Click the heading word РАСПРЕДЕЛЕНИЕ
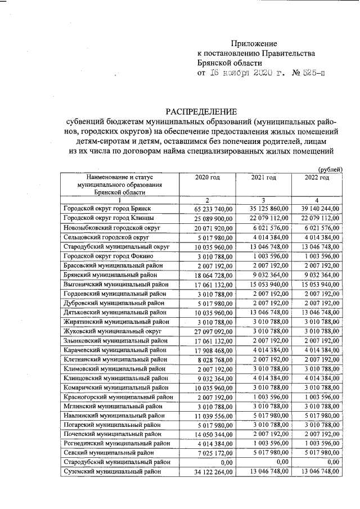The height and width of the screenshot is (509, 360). [201, 111]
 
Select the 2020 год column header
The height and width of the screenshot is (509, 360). [207, 178]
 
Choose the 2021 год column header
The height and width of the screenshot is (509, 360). [263, 178]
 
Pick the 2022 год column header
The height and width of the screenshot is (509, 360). [316, 178]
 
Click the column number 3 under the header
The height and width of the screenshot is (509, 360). [263, 200]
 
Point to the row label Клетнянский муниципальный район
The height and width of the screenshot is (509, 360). [115, 359]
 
